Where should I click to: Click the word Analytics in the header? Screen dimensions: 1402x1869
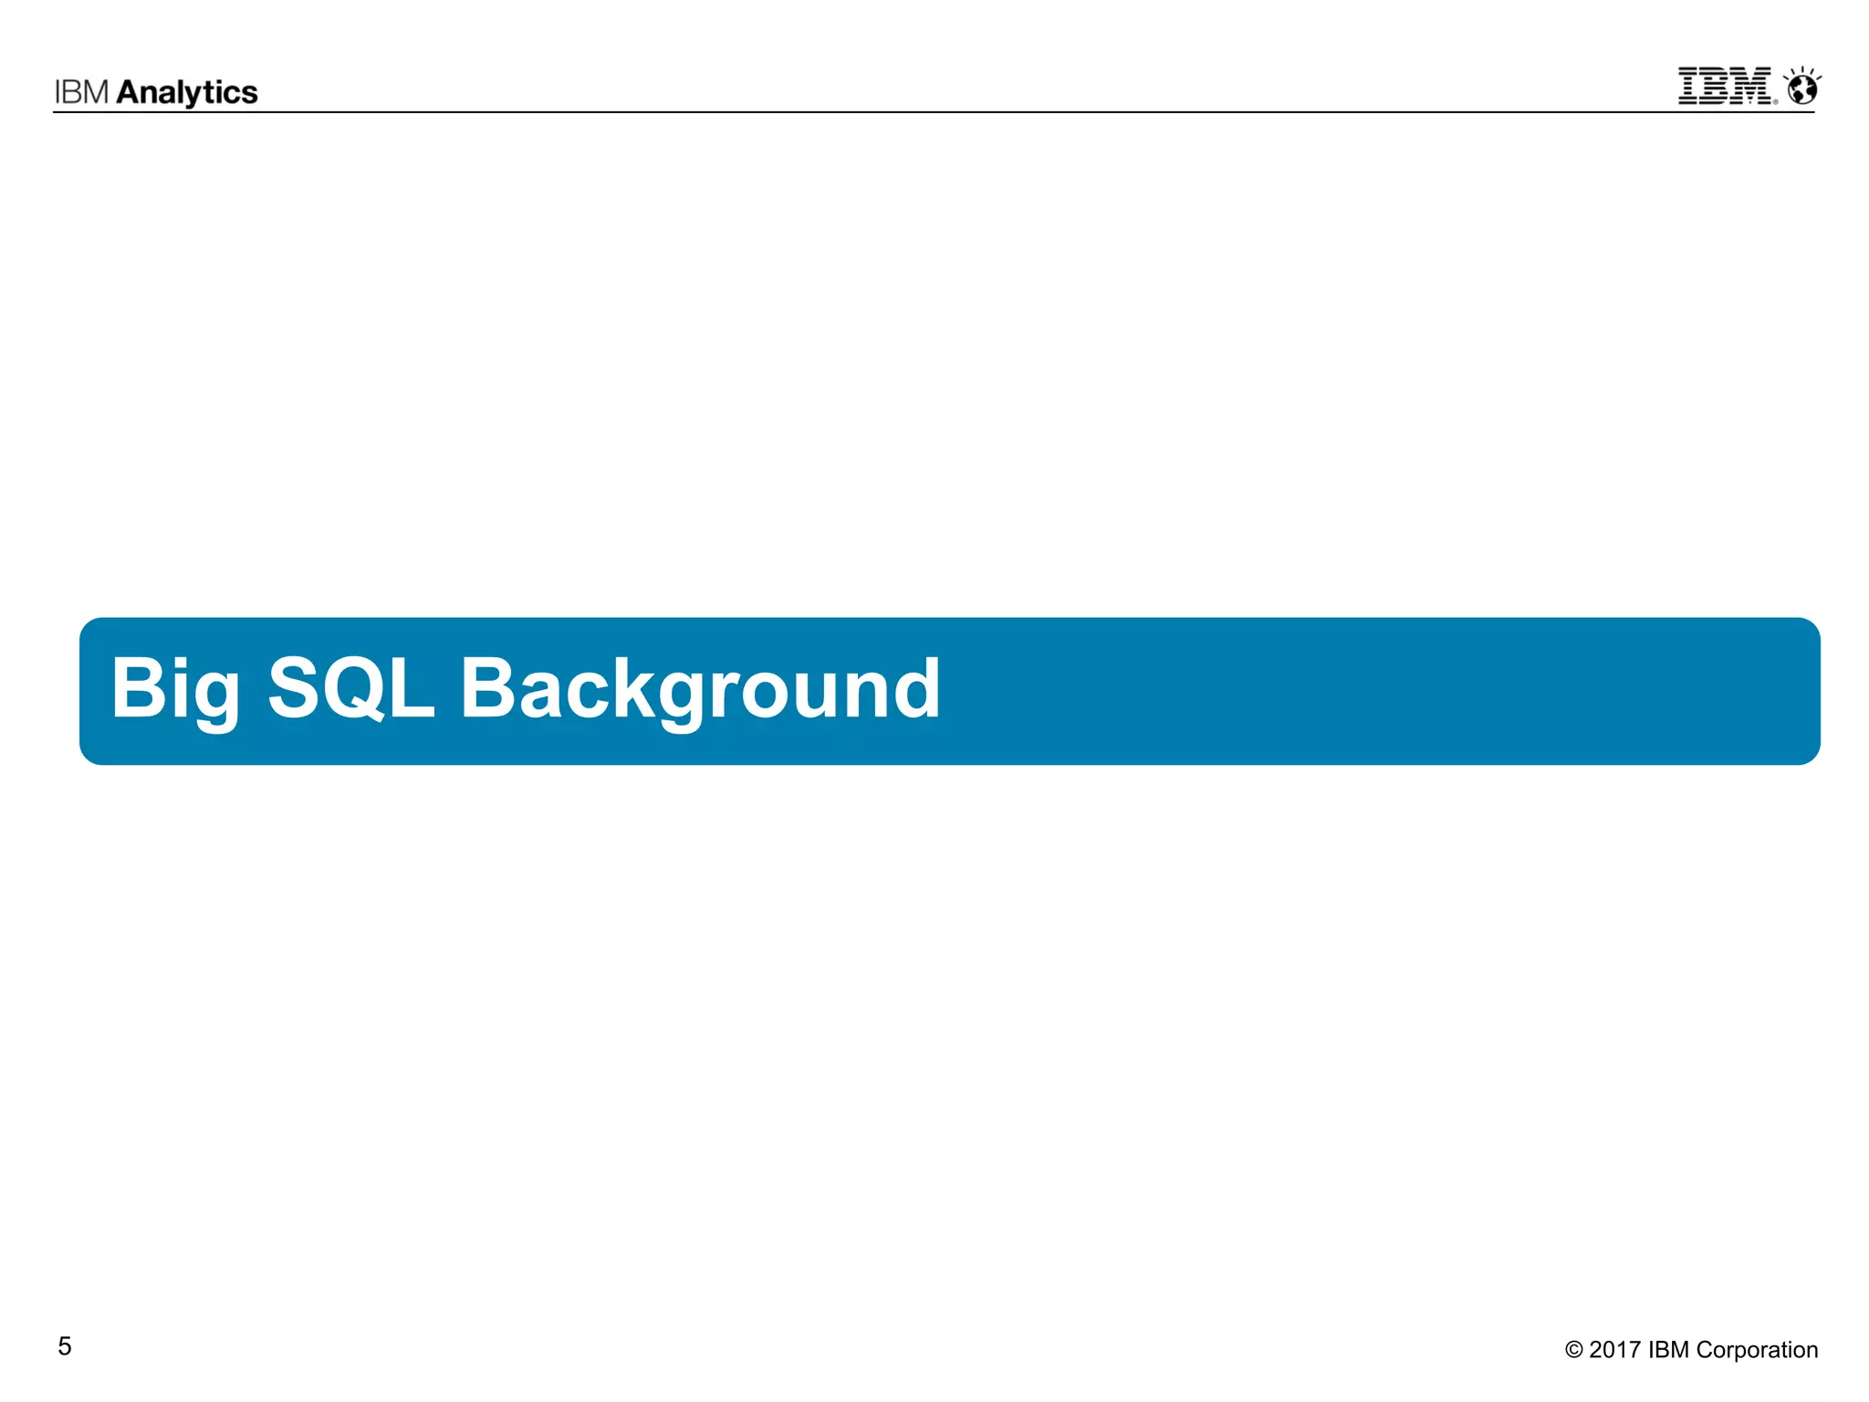(187, 92)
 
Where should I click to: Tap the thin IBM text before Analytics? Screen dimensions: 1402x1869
(82, 92)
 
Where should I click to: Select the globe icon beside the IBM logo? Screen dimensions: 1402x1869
(1802, 89)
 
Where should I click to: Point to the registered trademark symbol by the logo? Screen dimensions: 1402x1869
(1775, 101)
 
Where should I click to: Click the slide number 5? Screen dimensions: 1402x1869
(65, 1346)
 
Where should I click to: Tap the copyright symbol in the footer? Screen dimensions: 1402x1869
(1574, 1350)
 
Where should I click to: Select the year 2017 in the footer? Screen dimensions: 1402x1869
(1614, 1350)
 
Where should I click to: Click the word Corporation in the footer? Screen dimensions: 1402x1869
(1757, 1350)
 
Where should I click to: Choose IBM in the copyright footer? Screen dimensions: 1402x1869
(1668, 1350)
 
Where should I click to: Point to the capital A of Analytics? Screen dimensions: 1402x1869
(130, 92)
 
